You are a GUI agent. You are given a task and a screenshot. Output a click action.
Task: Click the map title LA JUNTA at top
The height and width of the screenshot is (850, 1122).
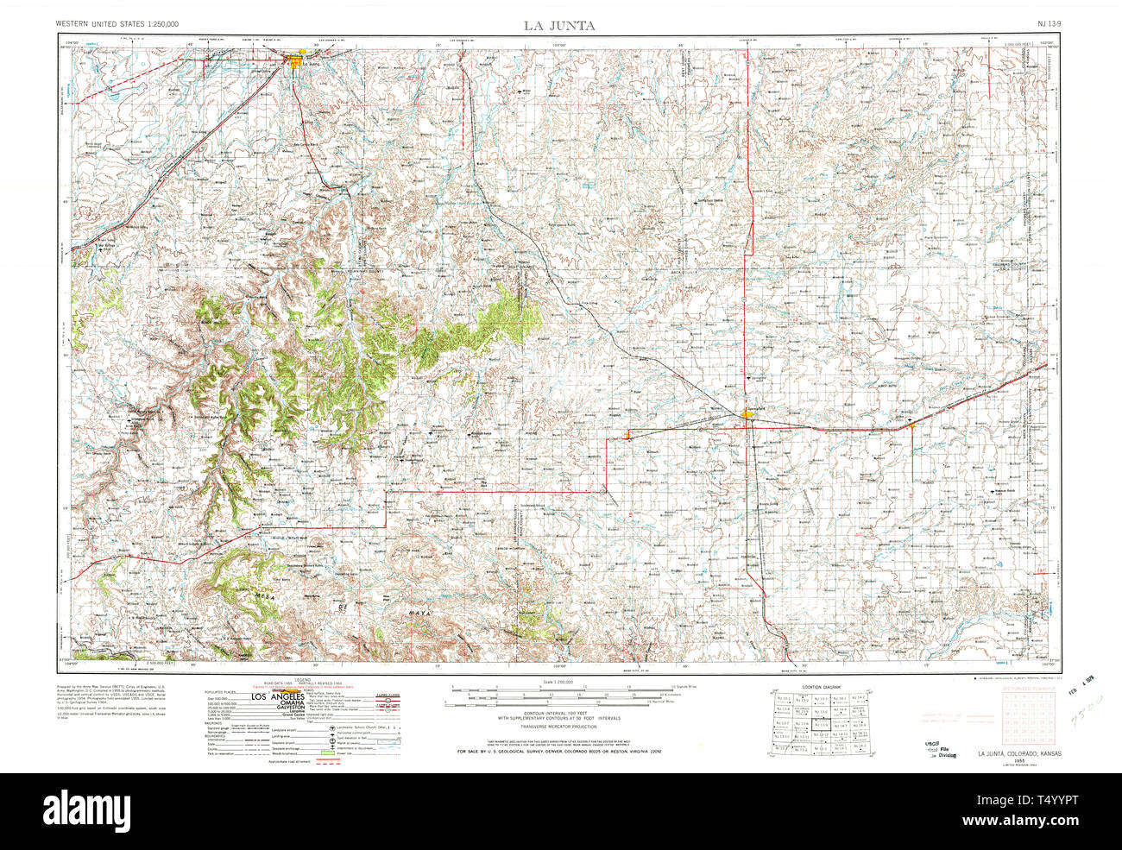(x=558, y=25)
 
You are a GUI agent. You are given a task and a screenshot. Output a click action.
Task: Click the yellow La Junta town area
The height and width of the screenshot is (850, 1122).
(x=297, y=62)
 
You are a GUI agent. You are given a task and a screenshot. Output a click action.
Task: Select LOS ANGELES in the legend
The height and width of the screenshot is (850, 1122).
(x=278, y=697)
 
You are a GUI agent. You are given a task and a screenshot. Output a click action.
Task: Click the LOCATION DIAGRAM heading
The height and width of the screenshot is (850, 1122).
(x=821, y=687)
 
